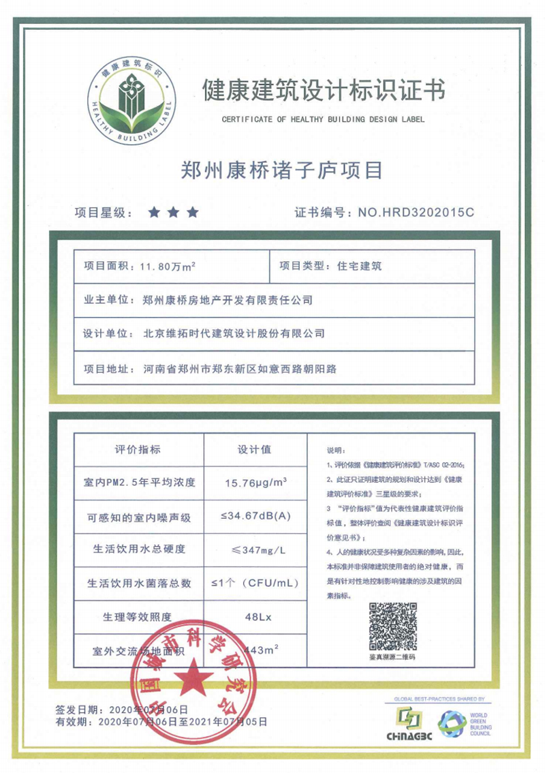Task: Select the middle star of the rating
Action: (x=173, y=213)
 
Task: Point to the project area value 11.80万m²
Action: (x=168, y=266)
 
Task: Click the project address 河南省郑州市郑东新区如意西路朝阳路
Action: (x=241, y=369)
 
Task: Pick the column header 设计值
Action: (x=254, y=449)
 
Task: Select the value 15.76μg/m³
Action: (x=255, y=483)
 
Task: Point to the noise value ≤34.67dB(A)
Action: (x=255, y=517)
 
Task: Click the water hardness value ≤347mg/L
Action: (x=255, y=549)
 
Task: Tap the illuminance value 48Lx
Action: (x=255, y=617)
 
